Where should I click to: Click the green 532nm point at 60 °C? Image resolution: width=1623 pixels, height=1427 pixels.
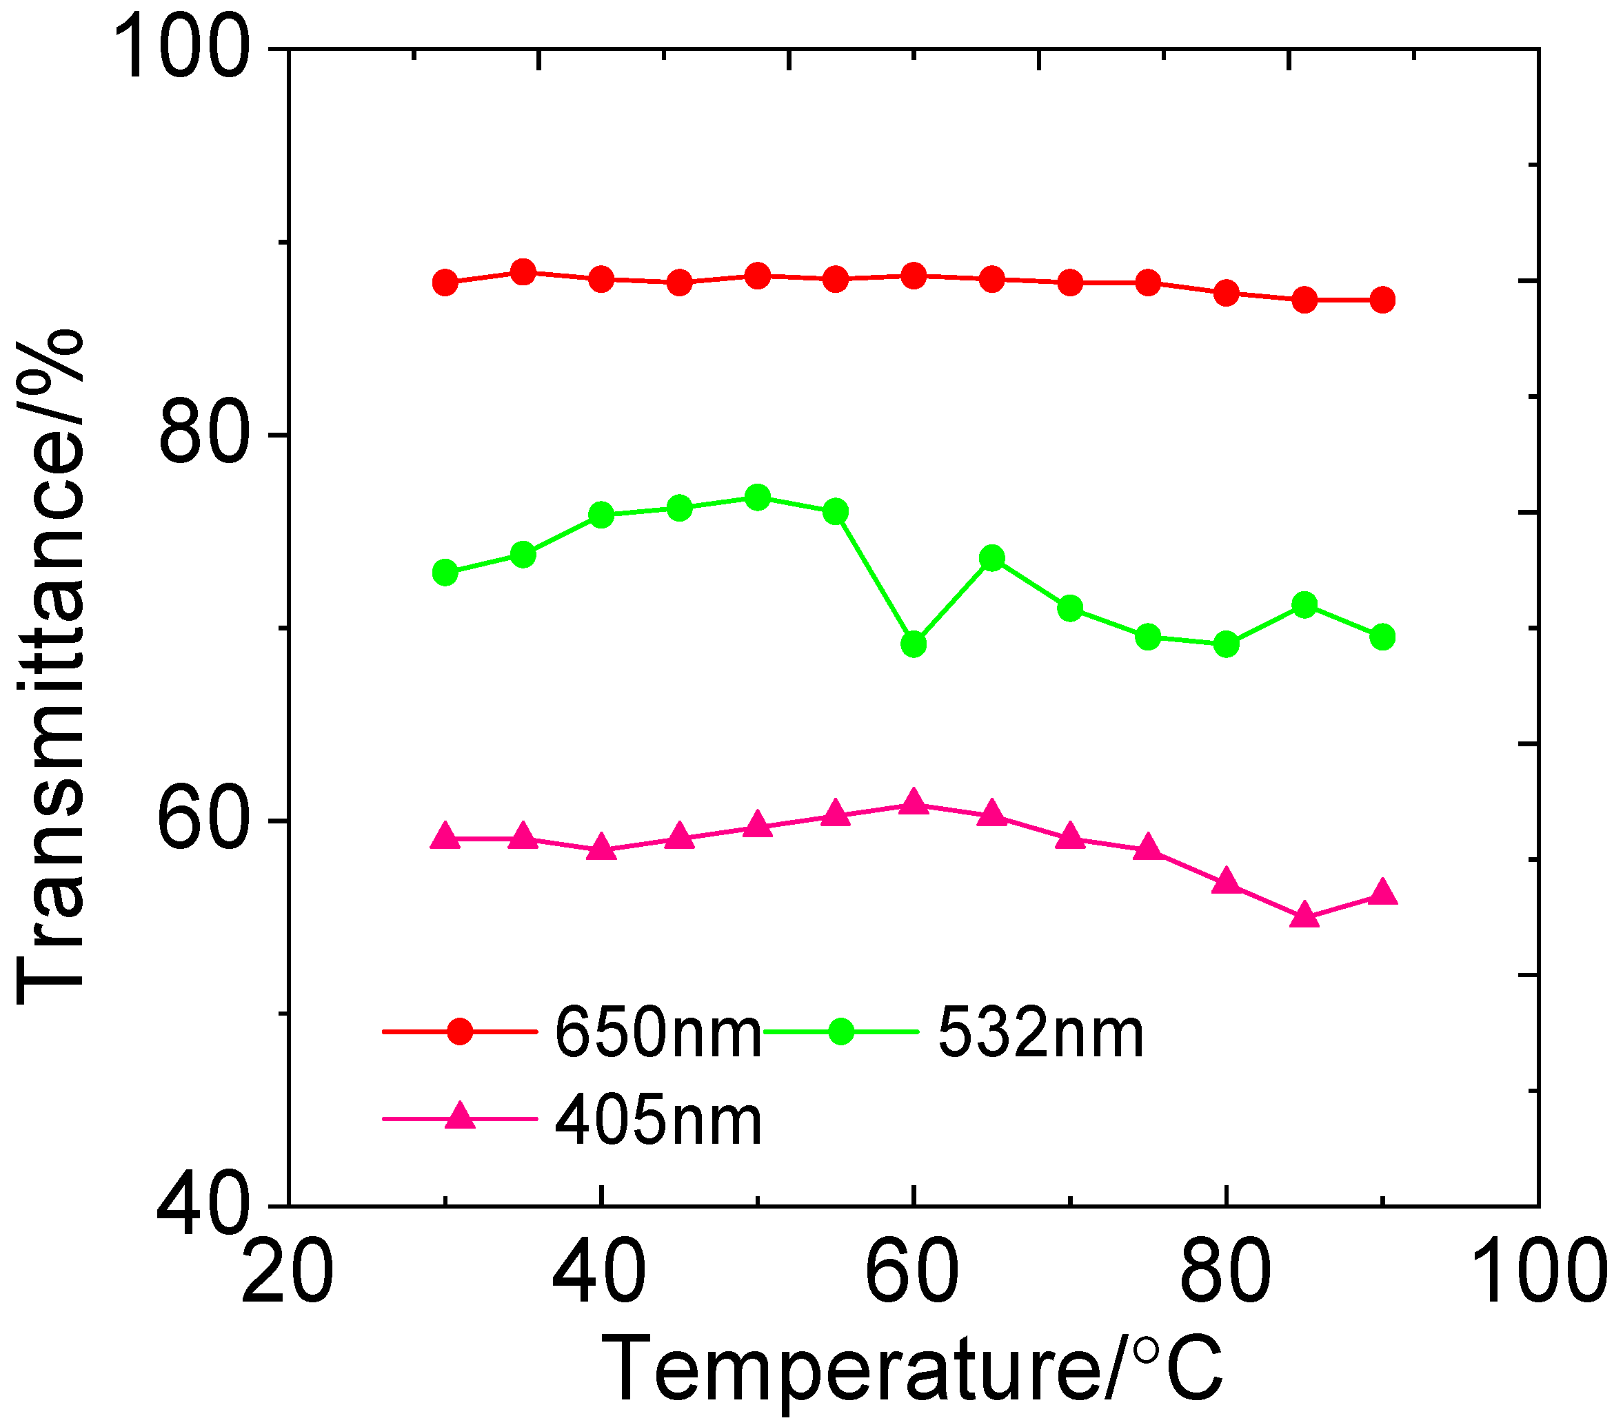point(914,644)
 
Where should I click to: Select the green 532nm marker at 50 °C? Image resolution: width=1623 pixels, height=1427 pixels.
point(758,497)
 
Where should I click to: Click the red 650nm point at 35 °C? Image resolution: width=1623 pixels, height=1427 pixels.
point(523,272)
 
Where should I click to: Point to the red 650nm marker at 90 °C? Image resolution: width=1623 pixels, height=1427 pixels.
point(1382,300)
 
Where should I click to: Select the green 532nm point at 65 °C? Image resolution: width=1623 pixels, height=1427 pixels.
point(991,558)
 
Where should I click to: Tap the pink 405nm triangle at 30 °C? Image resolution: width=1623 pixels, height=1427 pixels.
point(445,836)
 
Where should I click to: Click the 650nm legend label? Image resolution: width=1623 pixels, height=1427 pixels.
point(658,1033)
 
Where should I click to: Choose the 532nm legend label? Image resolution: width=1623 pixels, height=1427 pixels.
point(1040,1033)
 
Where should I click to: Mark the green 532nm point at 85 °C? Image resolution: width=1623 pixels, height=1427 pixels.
point(1304,606)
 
